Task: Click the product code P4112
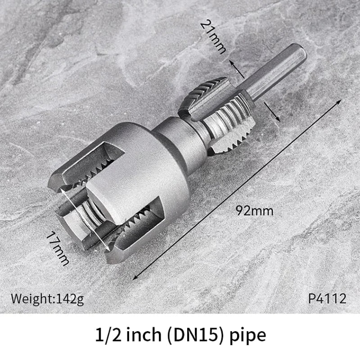(327, 298)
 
